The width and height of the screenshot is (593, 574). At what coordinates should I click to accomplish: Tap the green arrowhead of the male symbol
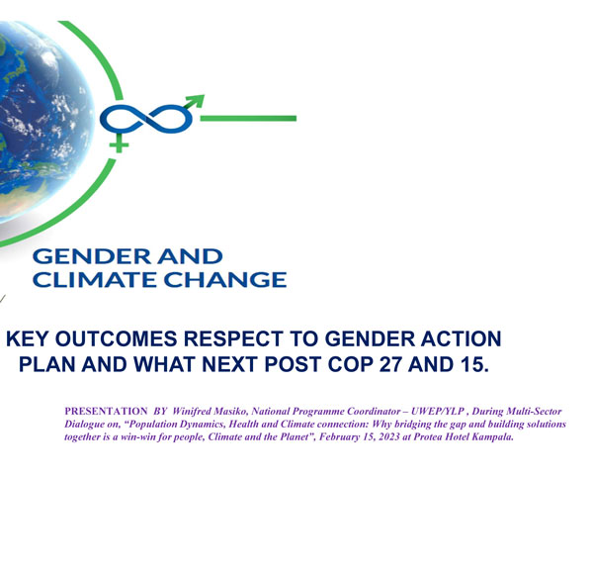pyautogui.click(x=197, y=101)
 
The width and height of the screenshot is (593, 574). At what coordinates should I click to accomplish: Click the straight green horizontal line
pyautogui.click(x=248, y=119)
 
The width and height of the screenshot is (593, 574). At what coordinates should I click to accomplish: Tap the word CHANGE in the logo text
pyautogui.click(x=225, y=280)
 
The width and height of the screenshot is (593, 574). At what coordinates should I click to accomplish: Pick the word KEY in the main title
pyautogui.click(x=28, y=338)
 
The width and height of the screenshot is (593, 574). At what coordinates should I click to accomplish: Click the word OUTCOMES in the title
pyautogui.click(x=116, y=338)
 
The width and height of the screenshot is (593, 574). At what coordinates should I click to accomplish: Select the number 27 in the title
pyautogui.click(x=390, y=364)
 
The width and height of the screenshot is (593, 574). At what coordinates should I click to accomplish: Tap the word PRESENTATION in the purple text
pyautogui.click(x=106, y=411)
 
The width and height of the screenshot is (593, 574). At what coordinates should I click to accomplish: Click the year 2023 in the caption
pyautogui.click(x=389, y=436)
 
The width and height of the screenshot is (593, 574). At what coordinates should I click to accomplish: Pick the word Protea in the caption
pyautogui.click(x=425, y=436)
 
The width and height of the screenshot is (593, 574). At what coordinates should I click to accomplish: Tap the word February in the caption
pyautogui.click(x=338, y=437)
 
